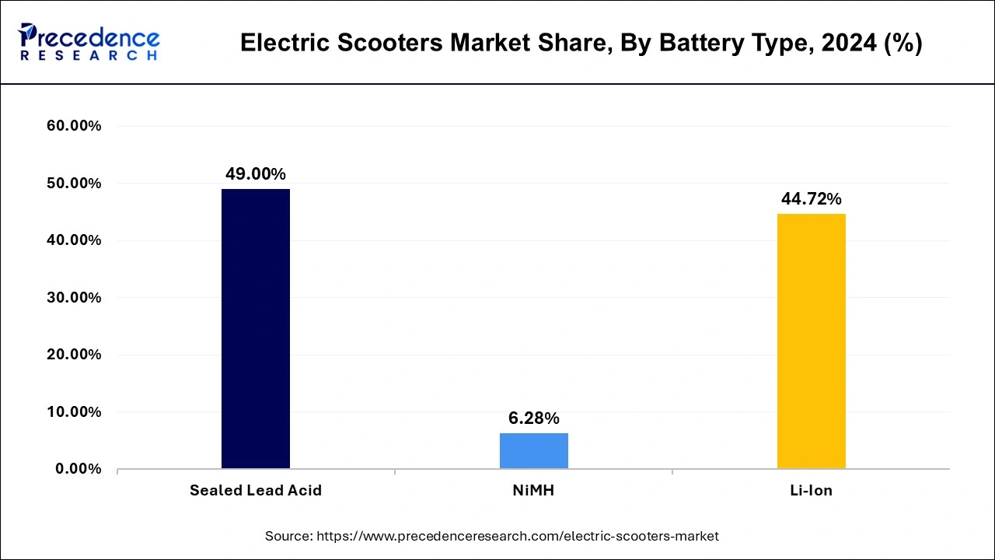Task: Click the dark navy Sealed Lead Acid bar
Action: (x=255, y=328)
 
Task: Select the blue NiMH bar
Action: (x=533, y=450)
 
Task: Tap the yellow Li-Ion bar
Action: (x=811, y=341)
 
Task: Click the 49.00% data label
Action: (x=256, y=174)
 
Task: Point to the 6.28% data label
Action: (x=533, y=418)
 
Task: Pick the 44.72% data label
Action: (x=811, y=199)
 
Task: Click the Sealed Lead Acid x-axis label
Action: (x=256, y=491)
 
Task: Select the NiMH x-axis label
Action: (x=533, y=491)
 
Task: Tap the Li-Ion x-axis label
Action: (x=811, y=491)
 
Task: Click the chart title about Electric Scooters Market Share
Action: (x=581, y=44)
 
